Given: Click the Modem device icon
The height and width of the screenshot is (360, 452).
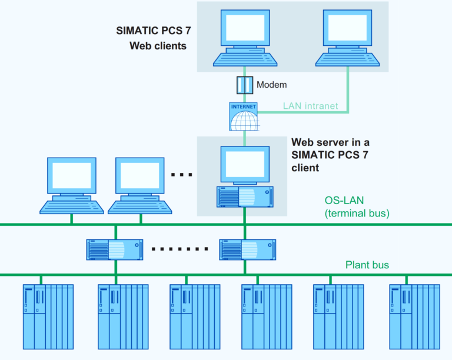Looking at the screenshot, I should tap(244, 85).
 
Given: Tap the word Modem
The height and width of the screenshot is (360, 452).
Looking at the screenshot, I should tap(271, 85).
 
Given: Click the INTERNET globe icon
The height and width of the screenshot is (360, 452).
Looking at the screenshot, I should tap(244, 117).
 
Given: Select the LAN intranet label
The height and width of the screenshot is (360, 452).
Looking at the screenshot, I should tap(311, 106).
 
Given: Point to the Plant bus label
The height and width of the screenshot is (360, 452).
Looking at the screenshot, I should tap(367, 265).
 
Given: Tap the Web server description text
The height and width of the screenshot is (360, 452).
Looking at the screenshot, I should tap(331, 155).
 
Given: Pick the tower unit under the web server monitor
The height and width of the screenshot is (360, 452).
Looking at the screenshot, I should tap(244, 196).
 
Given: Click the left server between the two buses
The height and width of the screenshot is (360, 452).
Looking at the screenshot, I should tap(115, 249).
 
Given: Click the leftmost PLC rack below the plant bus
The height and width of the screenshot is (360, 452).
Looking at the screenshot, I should tap(48, 316).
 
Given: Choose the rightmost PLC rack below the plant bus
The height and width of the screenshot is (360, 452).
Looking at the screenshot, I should tap(414, 316).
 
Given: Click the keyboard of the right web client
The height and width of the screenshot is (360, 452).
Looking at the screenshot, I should tap(347, 58).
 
